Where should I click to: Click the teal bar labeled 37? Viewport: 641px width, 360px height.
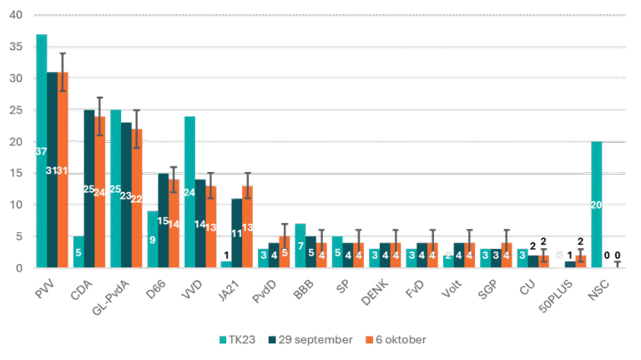pos(41,150)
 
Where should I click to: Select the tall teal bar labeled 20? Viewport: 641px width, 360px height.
pos(596,205)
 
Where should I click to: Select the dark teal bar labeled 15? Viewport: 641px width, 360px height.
pos(163,221)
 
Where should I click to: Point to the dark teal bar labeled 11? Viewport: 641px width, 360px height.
pos(237,233)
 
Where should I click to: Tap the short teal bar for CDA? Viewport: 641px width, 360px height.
pos(78,251)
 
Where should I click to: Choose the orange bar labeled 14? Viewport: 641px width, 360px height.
pos(174,224)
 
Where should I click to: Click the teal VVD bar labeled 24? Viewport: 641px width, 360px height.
pos(189,192)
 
